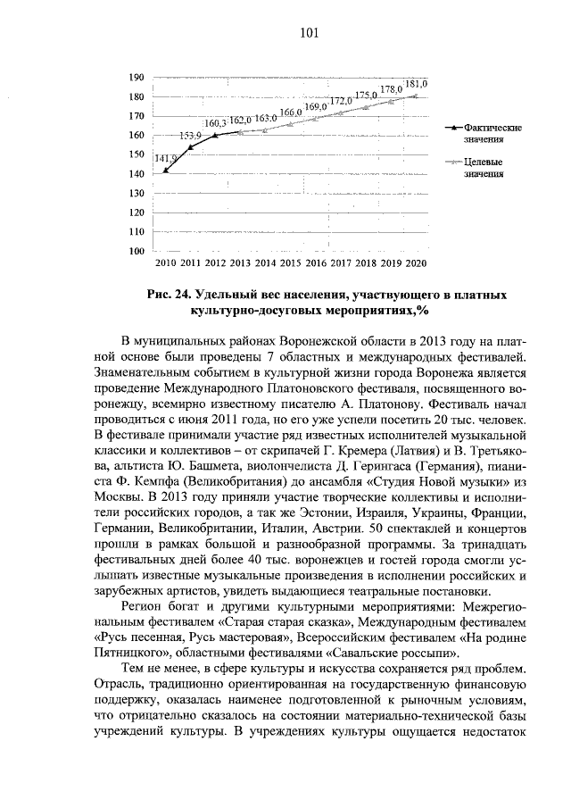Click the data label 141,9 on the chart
(166, 158)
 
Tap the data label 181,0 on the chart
(416, 83)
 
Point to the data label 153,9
(190, 135)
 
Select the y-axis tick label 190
(137, 78)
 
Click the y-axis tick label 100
(137, 251)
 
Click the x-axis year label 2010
(166, 265)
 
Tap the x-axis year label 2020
(416, 265)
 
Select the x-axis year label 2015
(291, 265)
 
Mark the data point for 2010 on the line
(166, 170)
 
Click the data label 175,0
(366, 96)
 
